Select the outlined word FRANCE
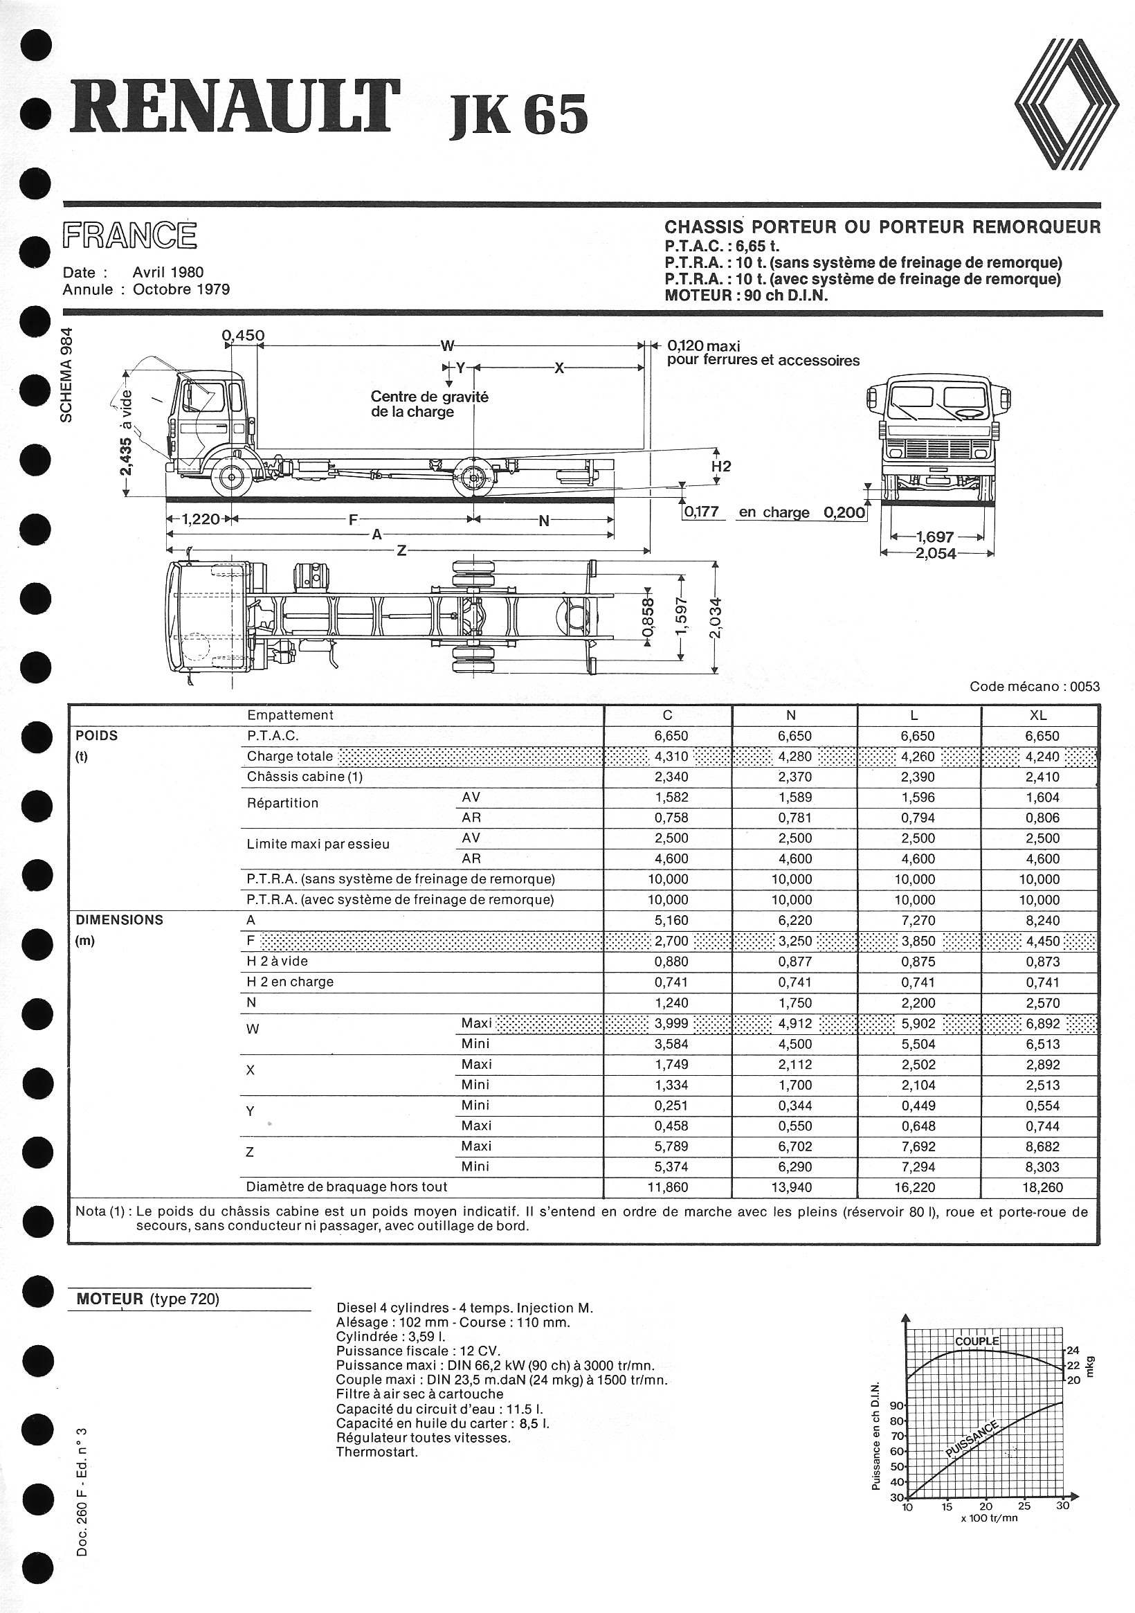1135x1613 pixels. click(x=130, y=236)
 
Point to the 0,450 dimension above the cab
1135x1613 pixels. click(x=243, y=336)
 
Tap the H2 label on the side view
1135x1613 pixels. click(x=720, y=467)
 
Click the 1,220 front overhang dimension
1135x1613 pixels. click(x=201, y=520)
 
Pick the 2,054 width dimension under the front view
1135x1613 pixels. click(x=936, y=554)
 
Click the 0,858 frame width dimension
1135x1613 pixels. click(x=648, y=619)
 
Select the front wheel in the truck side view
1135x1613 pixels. click(x=231, y=477)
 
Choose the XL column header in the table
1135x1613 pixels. click(x=1038, y=716)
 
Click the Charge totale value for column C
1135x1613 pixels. click(x=671, y=757)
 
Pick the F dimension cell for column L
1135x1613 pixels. click(x=918, y=941)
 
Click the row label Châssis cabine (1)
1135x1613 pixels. click(x=305, y=777)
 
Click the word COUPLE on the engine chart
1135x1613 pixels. click(x=977, y=1341)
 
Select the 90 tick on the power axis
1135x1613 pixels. click(x=897, y=1406)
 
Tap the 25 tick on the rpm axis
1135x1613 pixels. click(x=1024, y=1506)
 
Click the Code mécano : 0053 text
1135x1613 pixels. click(x=1035, y=686)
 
